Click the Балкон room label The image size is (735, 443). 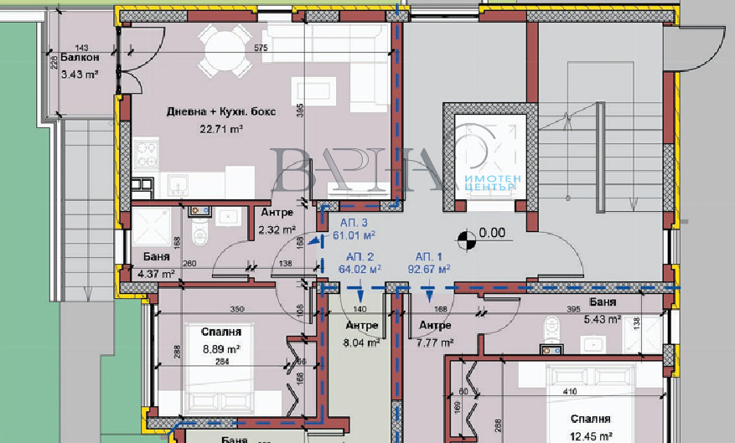pos(80,58)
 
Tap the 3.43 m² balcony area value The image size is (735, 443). pos(80,73)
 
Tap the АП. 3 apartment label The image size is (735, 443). pos(354,224)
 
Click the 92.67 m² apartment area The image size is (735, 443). pos(430,269)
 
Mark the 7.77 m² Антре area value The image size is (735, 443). pos(435,342)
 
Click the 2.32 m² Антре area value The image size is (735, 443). pos(277,229)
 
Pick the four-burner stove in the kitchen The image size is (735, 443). pos(148,154)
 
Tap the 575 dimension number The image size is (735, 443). pos(260,49)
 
